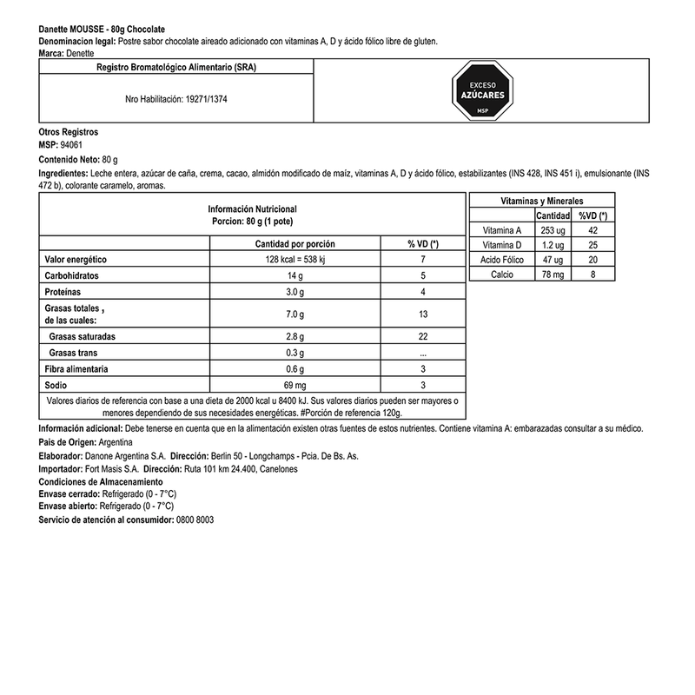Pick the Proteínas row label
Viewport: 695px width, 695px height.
(x=66, y=292)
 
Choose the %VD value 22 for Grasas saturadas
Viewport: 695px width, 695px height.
(x=423, y=336)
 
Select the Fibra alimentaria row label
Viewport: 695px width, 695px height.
(x=76, y=369)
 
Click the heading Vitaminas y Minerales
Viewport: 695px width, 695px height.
(x=542, y=201)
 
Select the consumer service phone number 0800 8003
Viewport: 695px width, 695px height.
(x=195, y=519)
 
